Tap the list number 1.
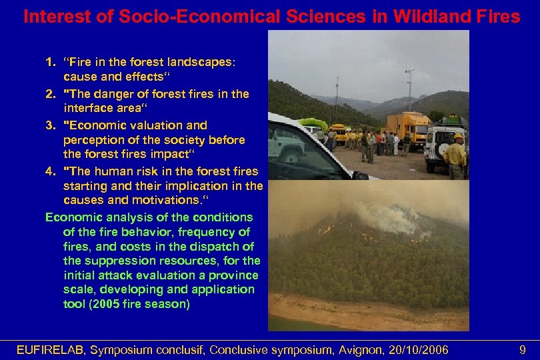point(49,62)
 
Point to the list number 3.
point(49,125)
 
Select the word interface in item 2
point(90,109)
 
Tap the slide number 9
point(521,350)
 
